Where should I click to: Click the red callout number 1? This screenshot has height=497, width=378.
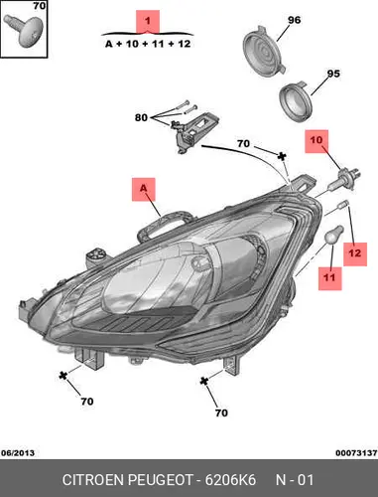point(148,21)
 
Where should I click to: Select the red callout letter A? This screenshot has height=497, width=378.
point(143,188)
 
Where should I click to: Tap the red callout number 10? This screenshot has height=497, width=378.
point(315,140)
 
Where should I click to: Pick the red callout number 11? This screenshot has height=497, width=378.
point(329,277)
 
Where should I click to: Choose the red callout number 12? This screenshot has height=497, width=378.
point(355,253)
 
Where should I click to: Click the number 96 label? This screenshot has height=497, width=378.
point(294,20)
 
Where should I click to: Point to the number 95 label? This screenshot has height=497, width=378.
point(333,74)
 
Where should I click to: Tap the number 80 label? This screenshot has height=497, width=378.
point(141,117)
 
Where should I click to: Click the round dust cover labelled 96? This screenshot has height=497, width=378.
point(264,52)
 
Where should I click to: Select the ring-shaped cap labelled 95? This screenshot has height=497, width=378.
point(296,102)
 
